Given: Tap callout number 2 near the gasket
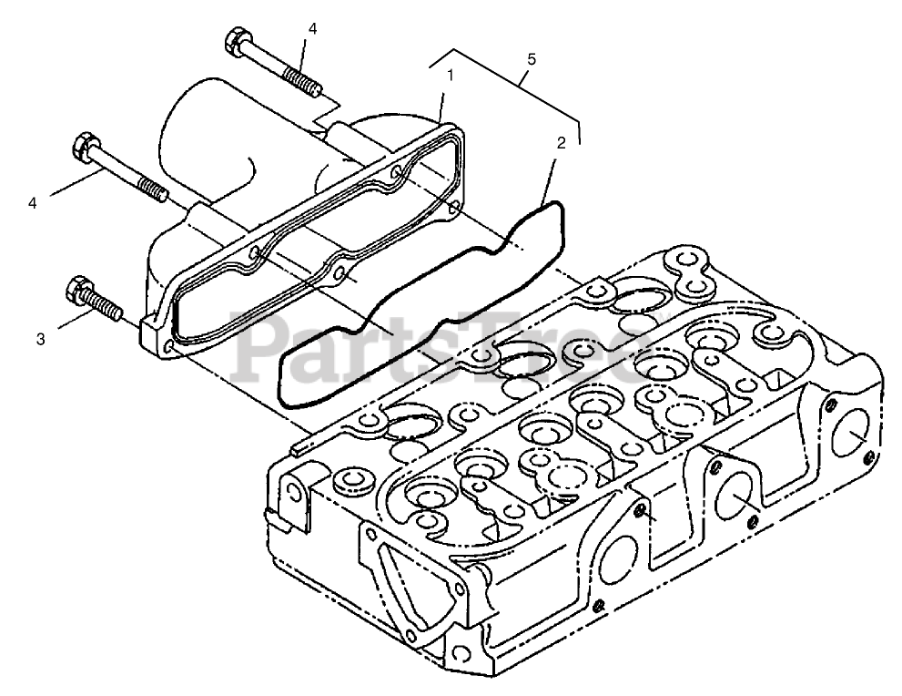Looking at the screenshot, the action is [x=561, y=143].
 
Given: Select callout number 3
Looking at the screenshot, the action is [x=40, y=339].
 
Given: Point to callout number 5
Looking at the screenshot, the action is [x=532, y=59].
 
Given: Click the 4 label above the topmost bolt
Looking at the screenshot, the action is [x=312, y=29].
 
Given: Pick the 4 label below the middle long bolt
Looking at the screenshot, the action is [x=34, y=204].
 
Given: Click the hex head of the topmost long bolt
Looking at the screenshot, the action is [x=232, y=42].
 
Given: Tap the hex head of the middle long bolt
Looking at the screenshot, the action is [x=84, y=147].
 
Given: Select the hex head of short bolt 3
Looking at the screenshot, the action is [x=77, y=292].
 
